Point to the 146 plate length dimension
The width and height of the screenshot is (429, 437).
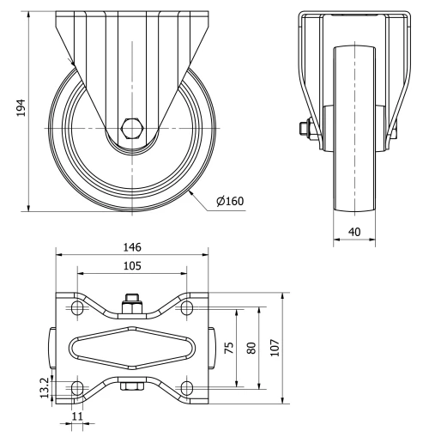coord(131,246)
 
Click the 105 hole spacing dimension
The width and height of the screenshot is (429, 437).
coord(131,266)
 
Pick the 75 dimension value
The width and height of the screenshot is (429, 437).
coord(227,348)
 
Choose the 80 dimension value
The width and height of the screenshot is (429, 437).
coord(251,348)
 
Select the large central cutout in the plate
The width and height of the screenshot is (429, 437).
coord(131,348)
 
